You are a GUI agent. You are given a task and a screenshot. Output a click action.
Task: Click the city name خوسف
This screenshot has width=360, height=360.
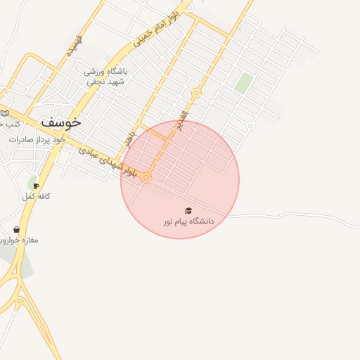click(61, 121)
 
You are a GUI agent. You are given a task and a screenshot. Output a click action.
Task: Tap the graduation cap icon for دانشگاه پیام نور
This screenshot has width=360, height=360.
click(188, 211)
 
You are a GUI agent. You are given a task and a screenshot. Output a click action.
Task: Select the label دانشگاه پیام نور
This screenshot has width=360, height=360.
click(188, 221)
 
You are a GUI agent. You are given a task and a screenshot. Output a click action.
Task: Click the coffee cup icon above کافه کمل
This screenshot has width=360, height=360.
click(36, 186)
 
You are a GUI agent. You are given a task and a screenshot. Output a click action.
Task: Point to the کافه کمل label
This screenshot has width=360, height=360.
click(37, 197)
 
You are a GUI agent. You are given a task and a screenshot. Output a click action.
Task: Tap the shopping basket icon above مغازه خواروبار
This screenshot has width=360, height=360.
click(16, 229)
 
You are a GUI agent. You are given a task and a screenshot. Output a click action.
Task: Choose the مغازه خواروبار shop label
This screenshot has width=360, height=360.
click(21, 240)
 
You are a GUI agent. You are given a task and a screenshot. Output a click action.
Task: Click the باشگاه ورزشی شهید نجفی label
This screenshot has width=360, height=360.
click(104, 76)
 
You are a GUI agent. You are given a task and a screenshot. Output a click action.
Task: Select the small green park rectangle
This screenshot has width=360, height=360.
click(244, 83)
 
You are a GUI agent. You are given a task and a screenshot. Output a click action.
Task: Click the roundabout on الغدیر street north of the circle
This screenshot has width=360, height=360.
click(196, 93)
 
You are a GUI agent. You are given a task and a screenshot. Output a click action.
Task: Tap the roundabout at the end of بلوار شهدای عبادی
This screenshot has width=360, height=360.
click(146, 179)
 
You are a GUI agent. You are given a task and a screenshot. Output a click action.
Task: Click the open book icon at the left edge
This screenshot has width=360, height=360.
click(4, 113)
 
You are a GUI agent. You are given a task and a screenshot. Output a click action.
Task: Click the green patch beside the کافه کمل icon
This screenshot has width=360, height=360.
click(31, 184)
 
